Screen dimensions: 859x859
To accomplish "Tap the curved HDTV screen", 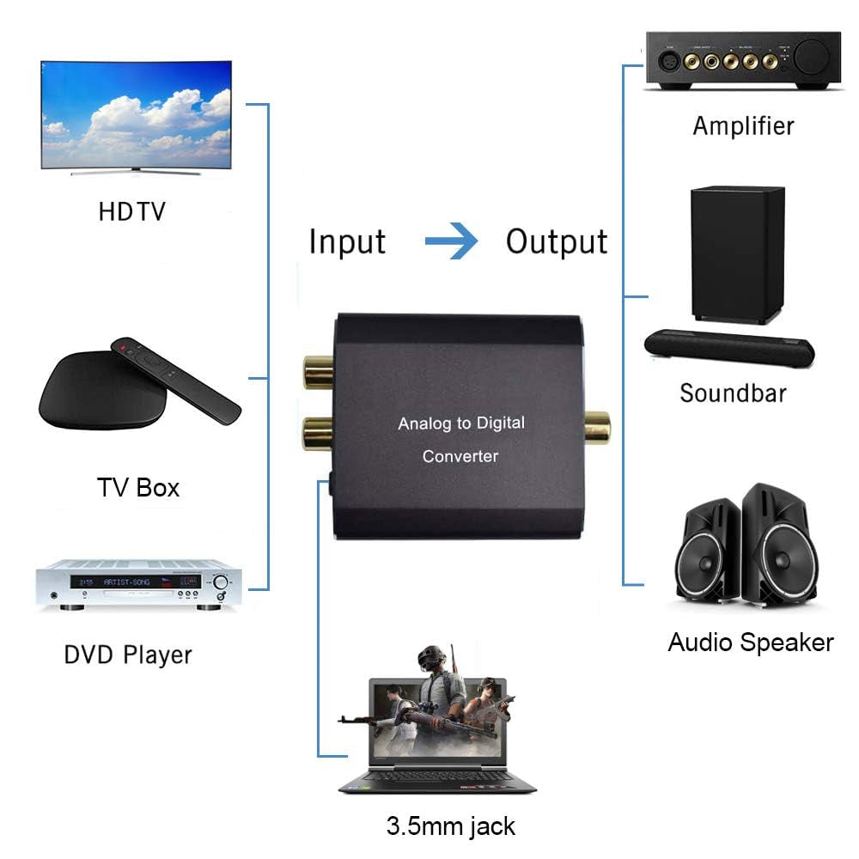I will tap(137, 114).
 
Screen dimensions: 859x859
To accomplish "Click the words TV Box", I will tap(138, 487).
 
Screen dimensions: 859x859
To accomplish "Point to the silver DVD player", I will tap(137, 583).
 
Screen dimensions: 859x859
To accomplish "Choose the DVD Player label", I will tap(128, 655).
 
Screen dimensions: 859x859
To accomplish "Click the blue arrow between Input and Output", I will tap(452, 241).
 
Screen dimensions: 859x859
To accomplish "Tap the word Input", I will tap(347, 241).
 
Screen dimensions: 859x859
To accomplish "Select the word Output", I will tap(557, 241).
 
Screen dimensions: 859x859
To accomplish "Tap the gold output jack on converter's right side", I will tap(596, 427).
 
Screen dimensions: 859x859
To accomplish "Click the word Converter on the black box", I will tap(460, 456).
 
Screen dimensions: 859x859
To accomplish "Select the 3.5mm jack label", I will tap(451, 826).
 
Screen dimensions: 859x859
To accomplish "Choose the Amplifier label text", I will tap(743, 125).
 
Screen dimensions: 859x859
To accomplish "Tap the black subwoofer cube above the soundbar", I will tap(737, 255).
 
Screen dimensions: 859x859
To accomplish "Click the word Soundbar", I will tap(733, 393).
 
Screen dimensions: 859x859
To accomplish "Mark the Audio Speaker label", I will tap(751, 642).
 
